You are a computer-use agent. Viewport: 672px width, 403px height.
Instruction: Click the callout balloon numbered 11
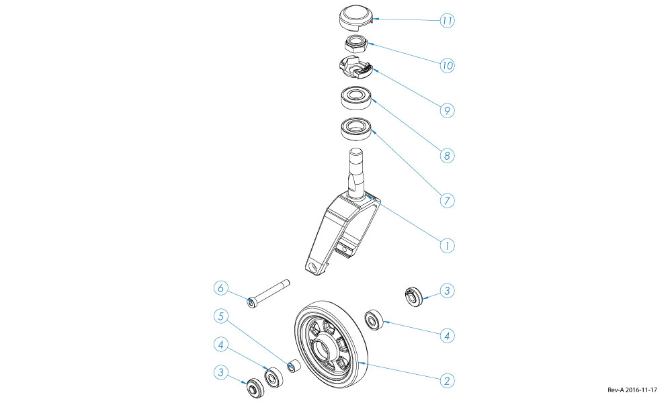(x=447, y=21)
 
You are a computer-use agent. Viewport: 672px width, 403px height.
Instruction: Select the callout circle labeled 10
(x=447, y=66)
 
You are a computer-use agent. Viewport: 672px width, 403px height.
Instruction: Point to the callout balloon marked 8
(x=447, y=155)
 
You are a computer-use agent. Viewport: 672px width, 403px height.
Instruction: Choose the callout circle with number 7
(x=447, y=200)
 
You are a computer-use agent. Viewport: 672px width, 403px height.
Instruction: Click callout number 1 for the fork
(x=447, y=245)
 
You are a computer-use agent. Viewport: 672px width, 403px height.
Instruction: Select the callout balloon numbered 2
(x=447, y=380)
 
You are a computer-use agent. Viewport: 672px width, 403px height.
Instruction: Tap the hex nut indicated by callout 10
(x=355, y=46)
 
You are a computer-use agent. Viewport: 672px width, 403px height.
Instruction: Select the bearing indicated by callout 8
(x=355, y=99)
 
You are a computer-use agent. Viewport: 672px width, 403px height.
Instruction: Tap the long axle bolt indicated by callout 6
(x=269, y=293)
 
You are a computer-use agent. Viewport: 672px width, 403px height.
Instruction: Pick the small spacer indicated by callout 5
(x=293, y=367)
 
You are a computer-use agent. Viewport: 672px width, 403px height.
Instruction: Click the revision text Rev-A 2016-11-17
(x=632, y=390)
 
